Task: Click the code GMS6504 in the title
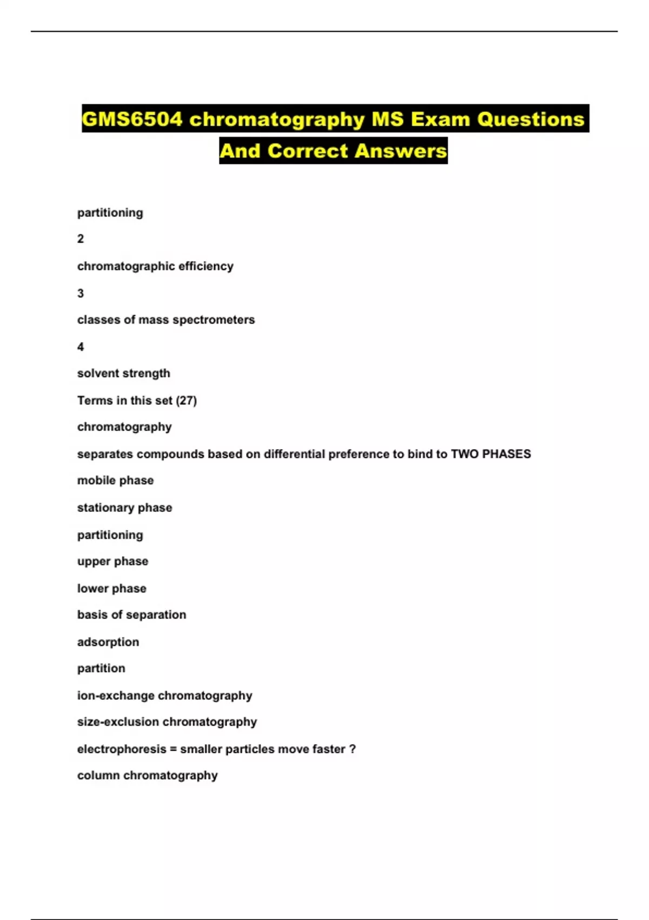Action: pyautogui.click(x=133, y=119)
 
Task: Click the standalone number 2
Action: pyautogui.click(x=81, y=239)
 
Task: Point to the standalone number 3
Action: pyautogui.click(x=81, y=293)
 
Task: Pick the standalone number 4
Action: pyautogui.click(x=81, y=347)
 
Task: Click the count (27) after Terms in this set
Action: pyautogui.click(x=187, y=400)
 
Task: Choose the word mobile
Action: pyautogui.click(x=94, y=481)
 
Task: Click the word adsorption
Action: pyautogui.click(x=108, y=642)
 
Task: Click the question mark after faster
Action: pyautogui.click(x=353, y=749)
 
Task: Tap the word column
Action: pyautogui.click(x=98, y=776)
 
